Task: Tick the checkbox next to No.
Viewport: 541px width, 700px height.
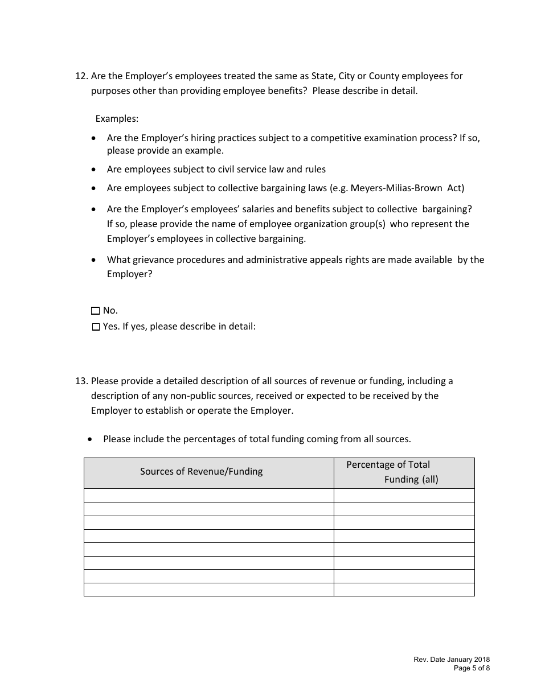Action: (x=95, y=311)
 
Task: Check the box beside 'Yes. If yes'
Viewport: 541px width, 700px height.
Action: (x=95, y=327)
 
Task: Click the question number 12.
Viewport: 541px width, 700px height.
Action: (x=81, y=76)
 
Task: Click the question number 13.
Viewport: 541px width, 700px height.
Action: (x=81, y=381)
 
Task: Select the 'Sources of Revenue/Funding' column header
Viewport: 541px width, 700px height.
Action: (x=202, y=471)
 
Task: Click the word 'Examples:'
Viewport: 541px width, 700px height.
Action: (x=117, y=118)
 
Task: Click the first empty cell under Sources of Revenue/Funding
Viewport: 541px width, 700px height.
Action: (x=208, y=496)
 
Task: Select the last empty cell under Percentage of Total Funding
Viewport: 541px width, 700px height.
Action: (x=404, y=590)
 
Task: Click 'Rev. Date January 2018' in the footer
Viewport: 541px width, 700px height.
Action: (x=452, y=660)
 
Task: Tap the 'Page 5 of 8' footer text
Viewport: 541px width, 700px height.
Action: (x=472, y=668)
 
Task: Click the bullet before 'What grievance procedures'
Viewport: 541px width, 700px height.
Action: (x=94, y=260)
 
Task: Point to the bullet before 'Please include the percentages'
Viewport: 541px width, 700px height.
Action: (x=90, y=439)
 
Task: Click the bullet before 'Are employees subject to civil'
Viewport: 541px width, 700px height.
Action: (x=94, y=170)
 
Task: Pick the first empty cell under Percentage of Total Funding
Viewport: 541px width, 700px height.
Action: (x=404, y=496)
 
